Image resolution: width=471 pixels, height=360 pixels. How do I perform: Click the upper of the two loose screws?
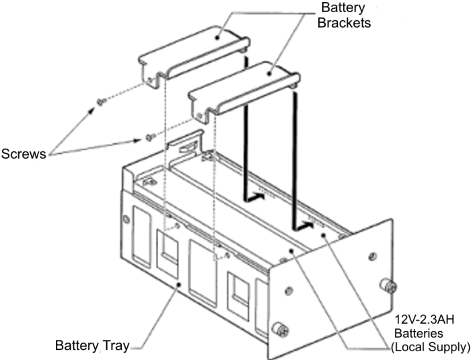pyautogui.click(x=100, y=102)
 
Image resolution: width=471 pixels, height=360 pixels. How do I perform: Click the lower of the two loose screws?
pyautogui.click(x=149, y=138)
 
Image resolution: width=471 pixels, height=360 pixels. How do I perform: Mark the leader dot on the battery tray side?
pyautogui.click(x=178, y=285)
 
